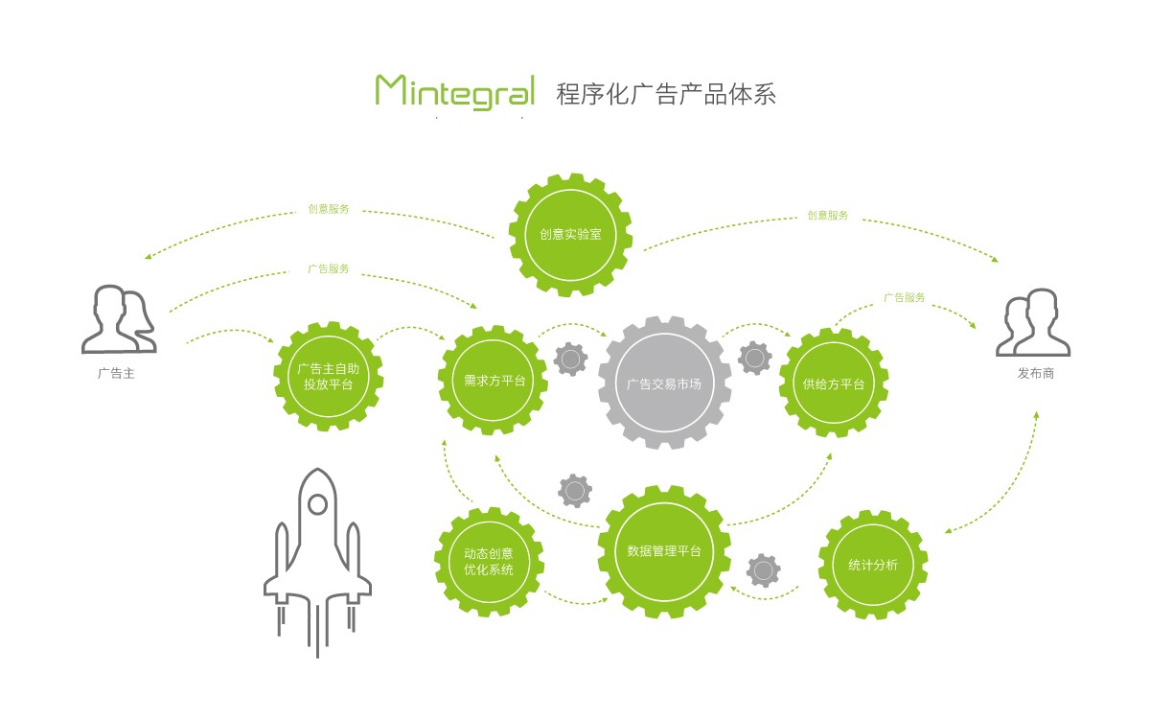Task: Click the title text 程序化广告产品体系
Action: pos(665,93)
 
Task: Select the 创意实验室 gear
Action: pos(570,234)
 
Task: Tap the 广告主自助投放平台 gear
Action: pos(329,376)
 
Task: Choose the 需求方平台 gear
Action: pos(494,381)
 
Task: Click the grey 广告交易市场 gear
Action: pos(664,383)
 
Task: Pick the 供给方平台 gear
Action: pos(834,383)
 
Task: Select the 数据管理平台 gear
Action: pos(664,551)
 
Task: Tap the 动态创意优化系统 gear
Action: pos(489,562)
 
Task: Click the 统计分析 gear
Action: pos(873,565)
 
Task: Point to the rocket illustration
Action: pos(317,560)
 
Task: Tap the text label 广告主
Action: pos(116,373)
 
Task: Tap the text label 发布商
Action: pos(1035,373)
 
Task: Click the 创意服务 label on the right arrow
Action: pos(827,216)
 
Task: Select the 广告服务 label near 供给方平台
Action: pos(904,298)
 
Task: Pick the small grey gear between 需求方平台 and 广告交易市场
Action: pos(571,359)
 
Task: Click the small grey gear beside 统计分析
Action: pos(763,570)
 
